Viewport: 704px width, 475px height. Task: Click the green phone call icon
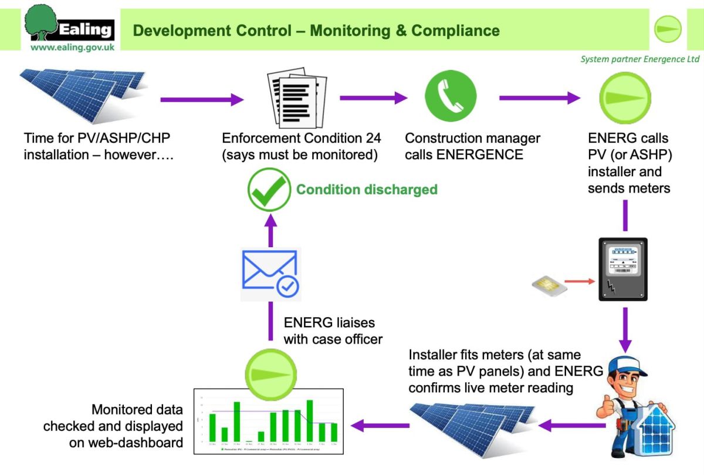click(x=450, y=96)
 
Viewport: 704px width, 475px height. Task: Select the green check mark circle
click(x=269, y=189)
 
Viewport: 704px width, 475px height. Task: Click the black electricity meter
click(x=622, y=269)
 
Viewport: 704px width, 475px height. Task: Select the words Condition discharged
click(x=367, y=190)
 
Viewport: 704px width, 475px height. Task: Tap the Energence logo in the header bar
click(x=668, y=29)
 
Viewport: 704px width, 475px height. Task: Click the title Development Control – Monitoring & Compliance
click(x=316, y=31)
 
